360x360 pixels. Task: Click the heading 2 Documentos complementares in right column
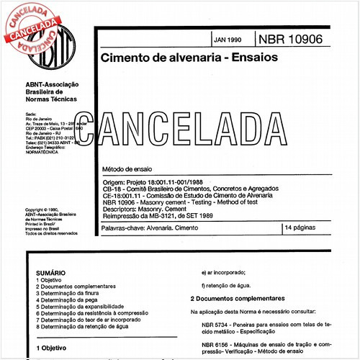(x=237, y=298)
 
